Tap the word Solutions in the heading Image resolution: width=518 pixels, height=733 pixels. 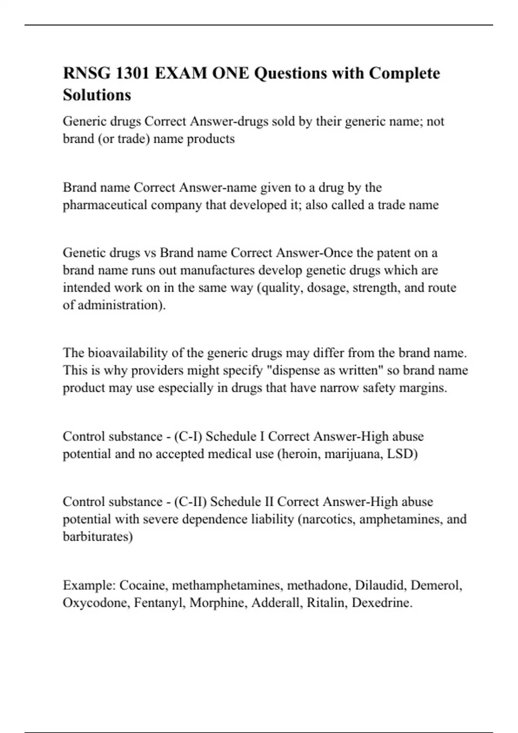pos(97,95)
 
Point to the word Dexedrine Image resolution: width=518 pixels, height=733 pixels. pos(382,602)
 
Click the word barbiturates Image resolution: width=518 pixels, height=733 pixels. pos(98,536)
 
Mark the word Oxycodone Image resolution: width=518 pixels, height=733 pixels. pos(96,602)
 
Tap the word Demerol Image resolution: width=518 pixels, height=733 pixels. pos(436,585)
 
